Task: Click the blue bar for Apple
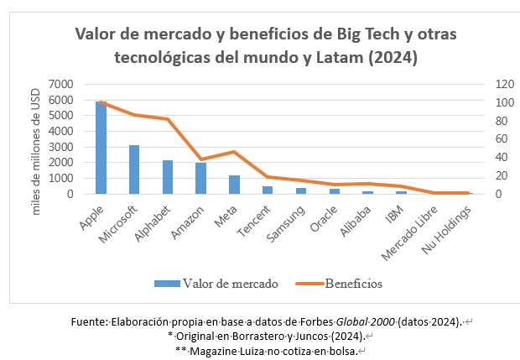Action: coord(101,148)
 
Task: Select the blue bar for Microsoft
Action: coord(134,170)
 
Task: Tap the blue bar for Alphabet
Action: coord(168,177)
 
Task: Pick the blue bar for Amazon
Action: coord(200,179)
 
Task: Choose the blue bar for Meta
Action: coord(234,185)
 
